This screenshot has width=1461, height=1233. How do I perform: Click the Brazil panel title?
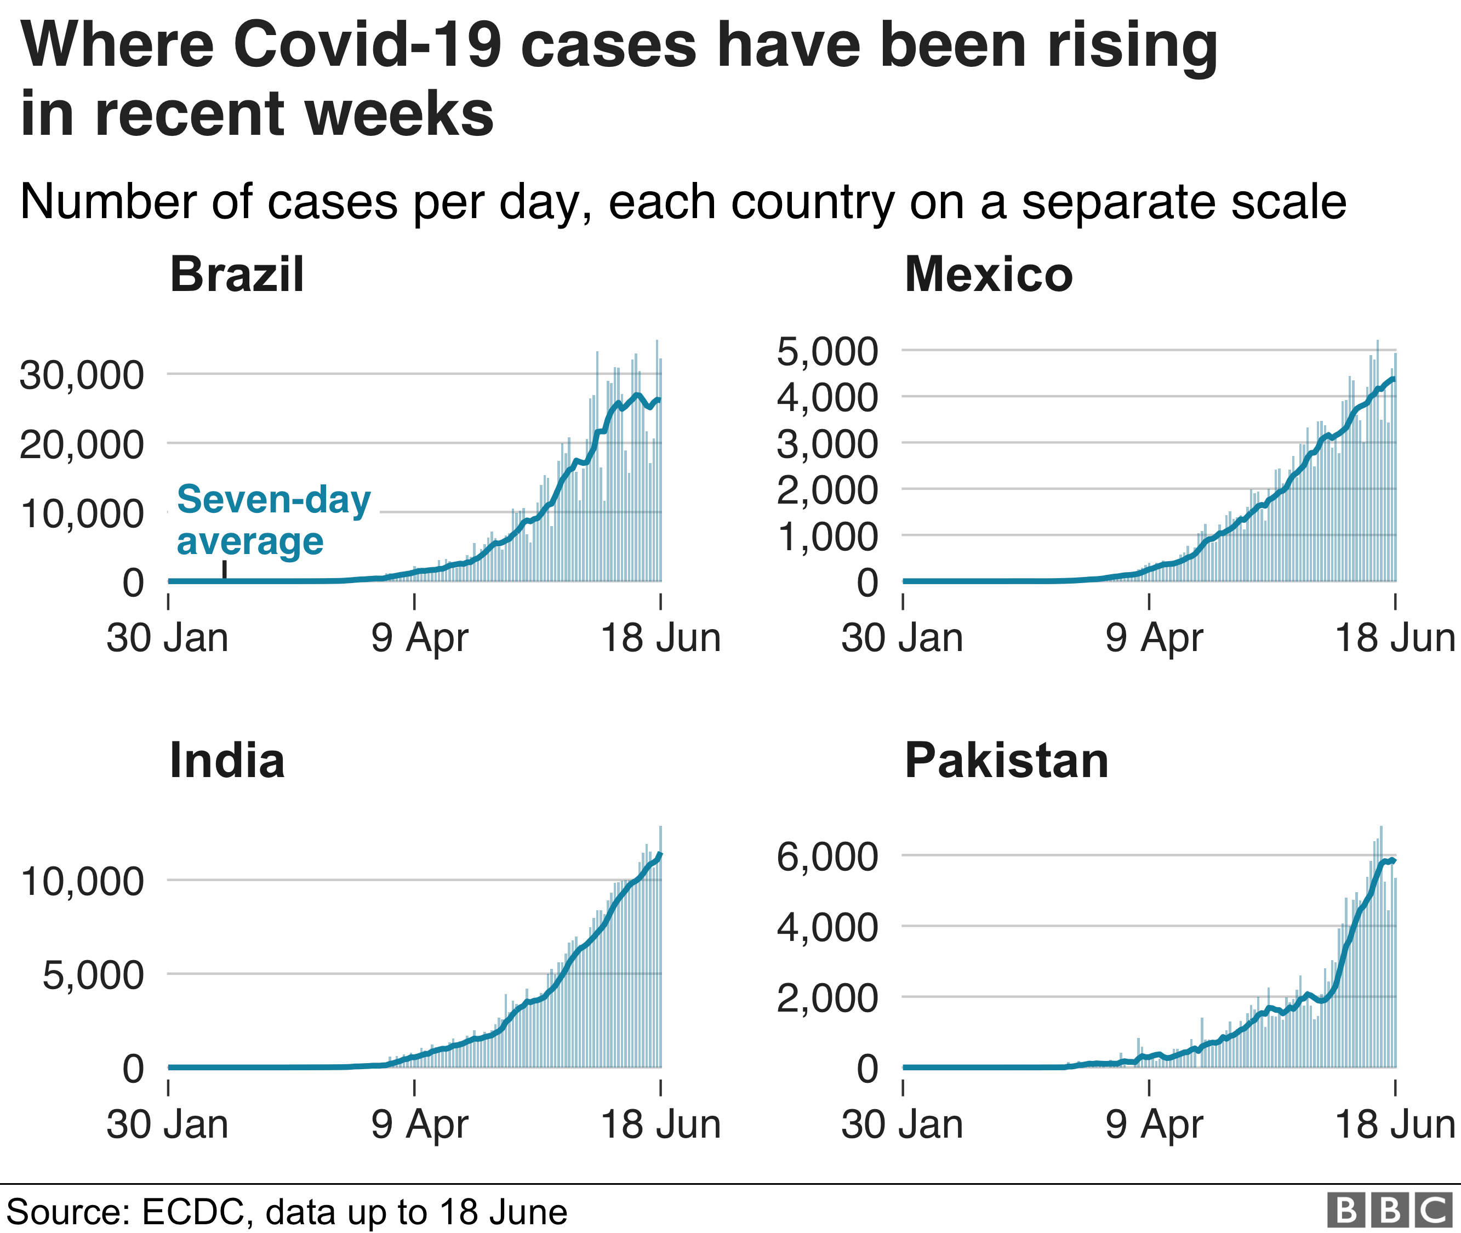tap(237, 274)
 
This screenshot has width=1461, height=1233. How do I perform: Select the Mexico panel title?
tap(989, 274)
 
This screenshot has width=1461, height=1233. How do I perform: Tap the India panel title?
tap(227, 761)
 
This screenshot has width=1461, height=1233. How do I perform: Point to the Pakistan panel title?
tap(1007, 761)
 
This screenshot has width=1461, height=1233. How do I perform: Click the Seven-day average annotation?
tap(273, 520)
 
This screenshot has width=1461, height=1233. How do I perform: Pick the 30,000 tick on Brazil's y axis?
tap(82, 375)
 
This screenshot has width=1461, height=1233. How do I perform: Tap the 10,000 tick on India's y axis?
tap(82, 881)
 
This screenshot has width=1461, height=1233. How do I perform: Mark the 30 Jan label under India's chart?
tap(167, 1124)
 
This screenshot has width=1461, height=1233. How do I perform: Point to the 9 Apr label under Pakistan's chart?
tap(1154, 1124)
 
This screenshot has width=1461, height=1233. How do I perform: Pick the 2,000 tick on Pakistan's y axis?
tap(827, 998)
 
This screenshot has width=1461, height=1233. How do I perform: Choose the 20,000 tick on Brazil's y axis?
tap(82, 444)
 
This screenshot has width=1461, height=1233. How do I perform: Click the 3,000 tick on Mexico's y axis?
tap(827, 444)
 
